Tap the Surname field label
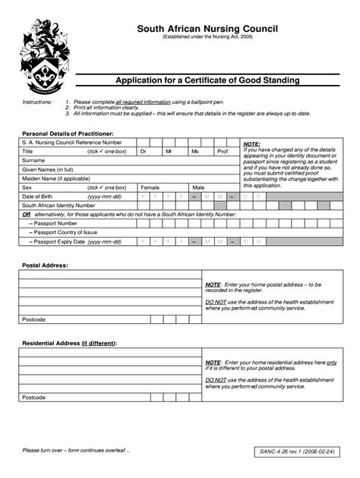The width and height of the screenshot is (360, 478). [34, 160]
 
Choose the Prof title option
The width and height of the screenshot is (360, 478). [222, 152]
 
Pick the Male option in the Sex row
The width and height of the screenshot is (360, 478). [198, 187]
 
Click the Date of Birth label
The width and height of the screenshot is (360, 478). [38, 196]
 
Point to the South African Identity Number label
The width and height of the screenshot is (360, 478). [58, 205]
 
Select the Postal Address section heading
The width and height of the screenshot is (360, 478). [46, 266]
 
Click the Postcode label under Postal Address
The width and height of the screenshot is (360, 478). [34, 319]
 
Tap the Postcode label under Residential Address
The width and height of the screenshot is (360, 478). [34, 397]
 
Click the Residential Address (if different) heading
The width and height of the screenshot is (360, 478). [69, 343]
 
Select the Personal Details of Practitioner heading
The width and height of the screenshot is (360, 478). [68, 134]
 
